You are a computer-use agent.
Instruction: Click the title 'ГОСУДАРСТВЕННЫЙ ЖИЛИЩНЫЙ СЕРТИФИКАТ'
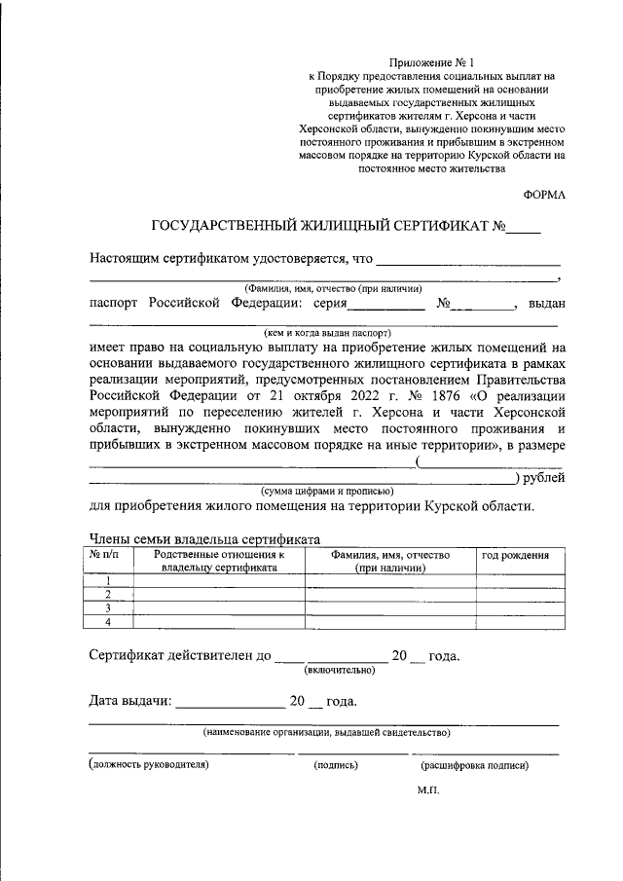pos(321,228)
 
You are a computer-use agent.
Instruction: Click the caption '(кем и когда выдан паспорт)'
pos(320,331)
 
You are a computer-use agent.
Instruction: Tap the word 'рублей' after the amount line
pos(543,477)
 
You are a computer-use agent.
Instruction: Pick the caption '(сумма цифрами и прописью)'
pos(326,492)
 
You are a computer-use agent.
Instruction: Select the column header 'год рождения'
pos(516,555)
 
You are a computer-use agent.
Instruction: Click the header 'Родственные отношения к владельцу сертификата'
pos(219,561)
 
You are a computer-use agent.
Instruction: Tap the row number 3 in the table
pos(108,607)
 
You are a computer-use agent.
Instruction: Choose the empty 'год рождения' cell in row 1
pos(516,580)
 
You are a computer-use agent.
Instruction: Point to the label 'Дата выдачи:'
pos(130,701)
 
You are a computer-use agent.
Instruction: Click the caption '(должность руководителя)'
pos(149,765)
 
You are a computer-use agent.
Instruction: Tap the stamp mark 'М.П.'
pos(428,790)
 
